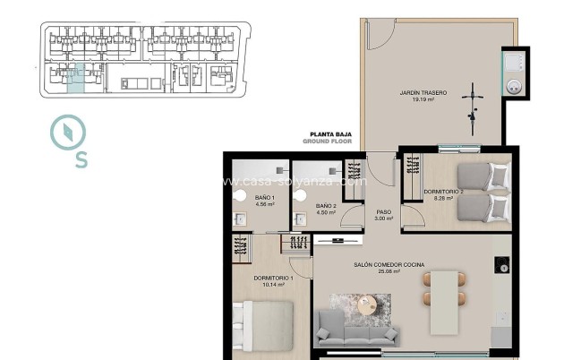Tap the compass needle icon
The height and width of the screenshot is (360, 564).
[68, 133]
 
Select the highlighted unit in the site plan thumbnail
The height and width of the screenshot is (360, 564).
[77, 78]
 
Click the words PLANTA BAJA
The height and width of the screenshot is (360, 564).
[329, 135]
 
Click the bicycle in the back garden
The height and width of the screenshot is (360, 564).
[471, 100]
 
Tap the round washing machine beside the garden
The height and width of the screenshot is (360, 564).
[516, 86]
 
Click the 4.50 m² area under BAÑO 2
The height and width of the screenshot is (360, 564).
[326, 214]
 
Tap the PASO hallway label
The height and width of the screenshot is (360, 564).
[382, 211]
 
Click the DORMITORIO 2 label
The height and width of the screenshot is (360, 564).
[442, 191]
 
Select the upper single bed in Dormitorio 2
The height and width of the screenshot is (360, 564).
[483, 175]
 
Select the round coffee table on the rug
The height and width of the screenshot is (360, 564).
[370, 305]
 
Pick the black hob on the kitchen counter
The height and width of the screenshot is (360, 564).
[502, 266]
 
